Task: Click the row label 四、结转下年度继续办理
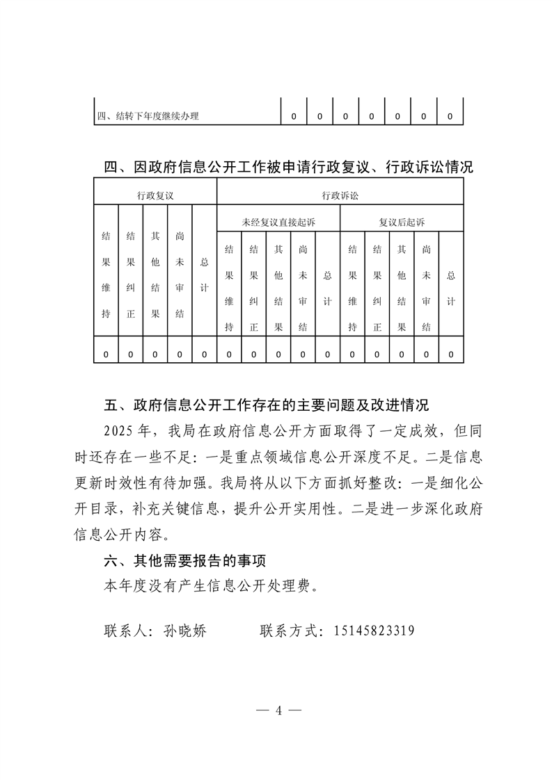[148, 116]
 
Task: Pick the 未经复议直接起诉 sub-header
[278, 222]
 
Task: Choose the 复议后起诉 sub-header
[402, 222]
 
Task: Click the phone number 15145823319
[374, 631]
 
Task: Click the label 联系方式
[291, 631]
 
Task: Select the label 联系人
[129, 631]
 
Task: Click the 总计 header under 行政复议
[204, 275]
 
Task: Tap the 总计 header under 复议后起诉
[451, 288]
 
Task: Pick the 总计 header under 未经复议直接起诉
[327, 288]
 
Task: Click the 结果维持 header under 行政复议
[106, 275]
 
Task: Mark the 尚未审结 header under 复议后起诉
[426, 288]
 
